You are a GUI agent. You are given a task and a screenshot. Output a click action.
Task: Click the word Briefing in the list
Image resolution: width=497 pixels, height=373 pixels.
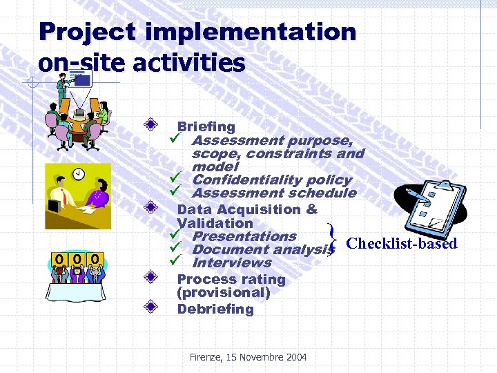tap(206, 126)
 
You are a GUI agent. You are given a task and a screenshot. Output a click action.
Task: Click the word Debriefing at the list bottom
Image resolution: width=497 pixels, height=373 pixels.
tap(215, 309)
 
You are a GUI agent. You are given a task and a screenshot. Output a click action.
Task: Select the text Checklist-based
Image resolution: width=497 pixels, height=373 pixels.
tap(401, 243)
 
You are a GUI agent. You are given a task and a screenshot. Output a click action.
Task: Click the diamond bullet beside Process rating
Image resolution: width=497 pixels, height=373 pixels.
tap(158, 279)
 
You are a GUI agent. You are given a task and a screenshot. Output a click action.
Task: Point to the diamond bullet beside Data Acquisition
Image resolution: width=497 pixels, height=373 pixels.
tap(158, 209)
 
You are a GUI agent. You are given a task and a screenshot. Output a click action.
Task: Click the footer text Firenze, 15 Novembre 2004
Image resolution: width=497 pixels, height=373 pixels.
tap(248, 356)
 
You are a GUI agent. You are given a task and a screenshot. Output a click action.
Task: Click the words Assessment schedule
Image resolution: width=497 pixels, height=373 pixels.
tap(273, 193)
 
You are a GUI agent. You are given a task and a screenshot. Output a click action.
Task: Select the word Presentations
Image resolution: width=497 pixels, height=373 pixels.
tap(244, 236)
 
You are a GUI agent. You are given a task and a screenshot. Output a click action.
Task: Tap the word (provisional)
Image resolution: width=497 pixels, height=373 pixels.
tap(224, 292)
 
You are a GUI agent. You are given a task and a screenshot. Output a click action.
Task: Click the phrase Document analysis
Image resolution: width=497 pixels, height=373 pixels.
tap(260, 249)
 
